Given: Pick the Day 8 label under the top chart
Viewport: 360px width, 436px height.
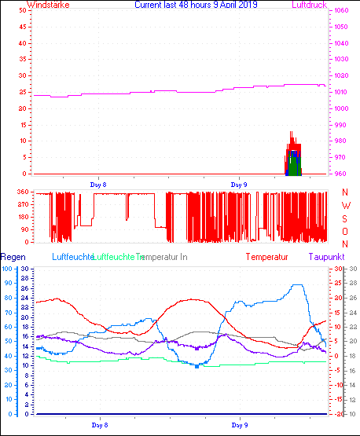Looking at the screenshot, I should point(98,183).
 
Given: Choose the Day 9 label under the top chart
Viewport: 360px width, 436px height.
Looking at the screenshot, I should point(239,183).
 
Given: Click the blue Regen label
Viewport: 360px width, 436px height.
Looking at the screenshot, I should point(13,257).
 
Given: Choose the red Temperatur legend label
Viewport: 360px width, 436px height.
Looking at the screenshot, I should point(266,257).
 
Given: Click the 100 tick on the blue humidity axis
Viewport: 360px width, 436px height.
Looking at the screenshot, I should point(7,269).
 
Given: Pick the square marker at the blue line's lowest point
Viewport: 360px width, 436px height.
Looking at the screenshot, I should point(197,366).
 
